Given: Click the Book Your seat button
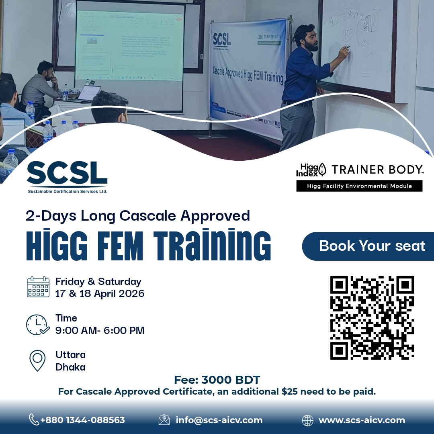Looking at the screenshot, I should click(371, 246).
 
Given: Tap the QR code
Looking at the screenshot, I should click(372, 317).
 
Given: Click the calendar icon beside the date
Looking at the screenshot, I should click(38, 287).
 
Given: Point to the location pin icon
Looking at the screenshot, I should click(37, 360).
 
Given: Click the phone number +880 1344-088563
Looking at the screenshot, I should click(82, 420).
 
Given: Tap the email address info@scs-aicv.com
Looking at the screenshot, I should click(219, 420).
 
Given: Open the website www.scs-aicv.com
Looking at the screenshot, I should click(362, 420).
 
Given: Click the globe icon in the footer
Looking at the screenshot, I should click(307, 420).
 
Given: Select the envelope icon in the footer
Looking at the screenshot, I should click(164, 420).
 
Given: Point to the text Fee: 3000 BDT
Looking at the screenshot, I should click(217, 380).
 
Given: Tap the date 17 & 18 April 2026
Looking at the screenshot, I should click(100, 294).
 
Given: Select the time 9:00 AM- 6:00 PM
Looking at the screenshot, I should click(100, 331).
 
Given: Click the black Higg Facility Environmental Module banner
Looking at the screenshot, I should click(359, 186).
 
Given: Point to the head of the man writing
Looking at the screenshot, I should click(306, 37).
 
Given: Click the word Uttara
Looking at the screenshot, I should click(70, 355).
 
